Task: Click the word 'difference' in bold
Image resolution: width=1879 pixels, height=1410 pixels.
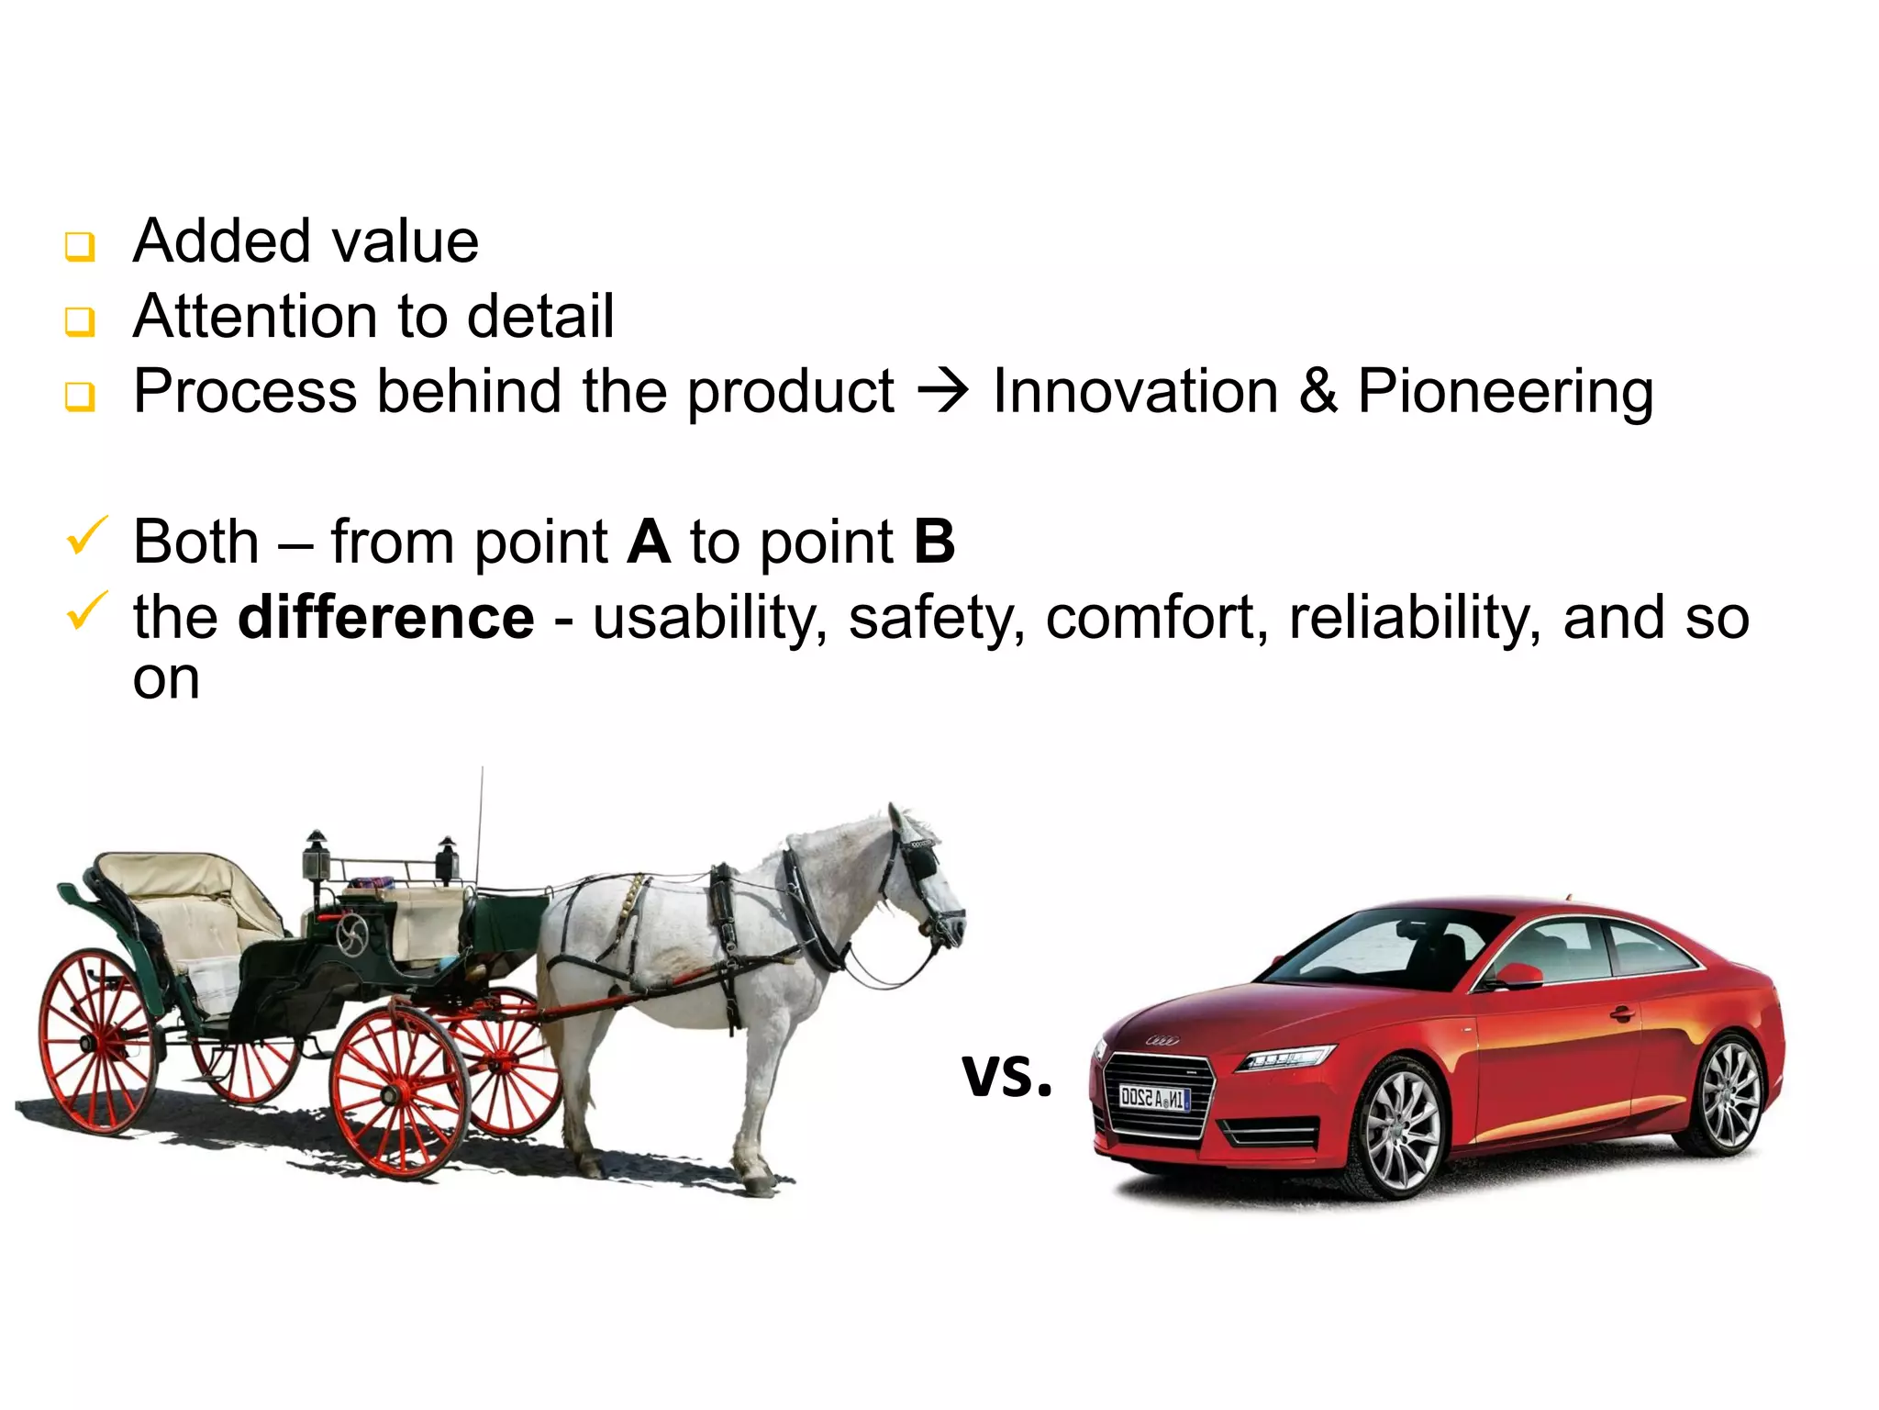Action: click(x=385, y=617)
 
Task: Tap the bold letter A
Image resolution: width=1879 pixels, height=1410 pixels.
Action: click(x=649, y=542)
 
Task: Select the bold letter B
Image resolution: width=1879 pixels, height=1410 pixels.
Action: click(x=934, y=542)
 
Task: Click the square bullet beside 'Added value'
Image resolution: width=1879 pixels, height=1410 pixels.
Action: click(x=80, y=246)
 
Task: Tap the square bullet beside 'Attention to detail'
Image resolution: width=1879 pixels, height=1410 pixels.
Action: click(x=80, y=321)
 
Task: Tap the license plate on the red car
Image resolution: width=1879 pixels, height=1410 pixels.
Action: click(x=1154, y=1098)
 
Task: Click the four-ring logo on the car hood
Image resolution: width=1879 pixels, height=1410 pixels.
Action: click(x=1162, y=1040)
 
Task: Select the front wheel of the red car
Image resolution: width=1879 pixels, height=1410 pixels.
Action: click(x=1402, y=1131)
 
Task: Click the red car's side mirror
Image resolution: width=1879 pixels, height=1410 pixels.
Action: click(x=1519, y=975)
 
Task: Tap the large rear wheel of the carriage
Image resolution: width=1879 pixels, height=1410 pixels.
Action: click(x=96, y=1041)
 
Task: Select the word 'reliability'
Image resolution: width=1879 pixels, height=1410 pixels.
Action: click(x=1414, y=617)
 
